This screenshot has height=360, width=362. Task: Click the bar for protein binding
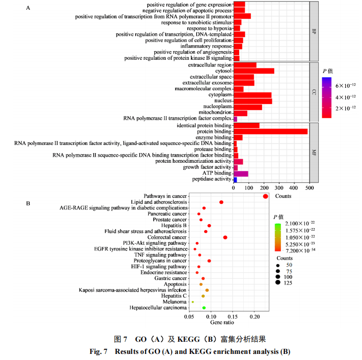(270, 131)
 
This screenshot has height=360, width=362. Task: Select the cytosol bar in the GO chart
(253, 71)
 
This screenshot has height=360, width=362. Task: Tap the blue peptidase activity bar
(235, 179)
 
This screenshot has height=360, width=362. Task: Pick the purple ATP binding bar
(241, 173)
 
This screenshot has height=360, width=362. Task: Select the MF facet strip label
(314, 152)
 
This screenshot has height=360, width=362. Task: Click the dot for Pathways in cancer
(265, 196)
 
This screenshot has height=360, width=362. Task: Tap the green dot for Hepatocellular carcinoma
(204, 308)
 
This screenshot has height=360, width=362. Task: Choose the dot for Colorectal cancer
(225, 237)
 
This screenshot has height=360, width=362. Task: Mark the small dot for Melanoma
(192, 302)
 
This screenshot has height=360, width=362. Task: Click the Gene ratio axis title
(222, 322)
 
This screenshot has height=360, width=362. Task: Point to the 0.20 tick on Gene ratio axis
(255, 316)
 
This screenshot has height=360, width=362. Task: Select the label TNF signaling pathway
(161, 255)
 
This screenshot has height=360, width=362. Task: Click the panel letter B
(28, 204)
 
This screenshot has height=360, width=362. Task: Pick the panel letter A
(28, 8)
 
